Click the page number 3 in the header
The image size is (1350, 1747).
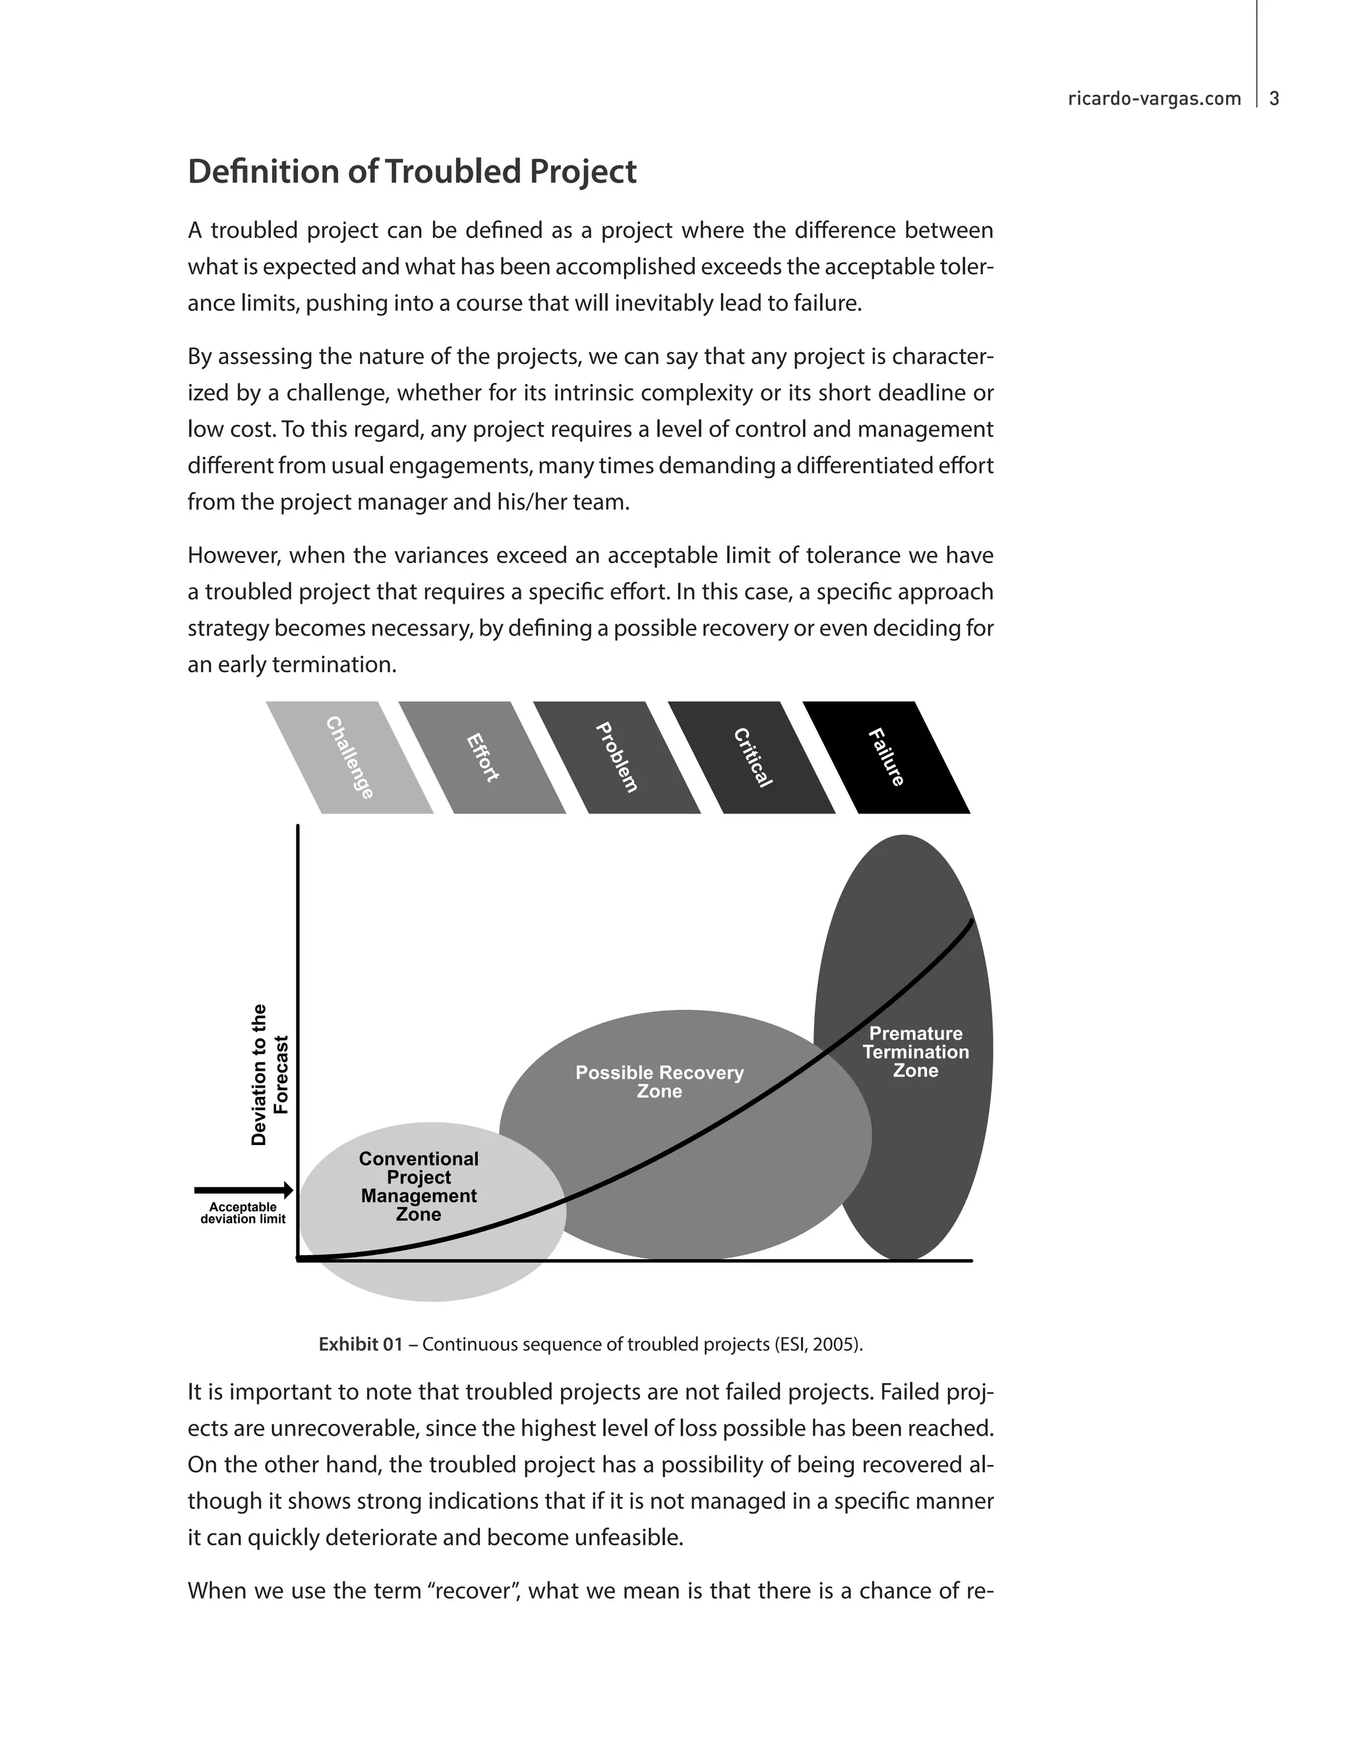[1274, 98]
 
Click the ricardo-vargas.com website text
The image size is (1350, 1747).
[1154, 98]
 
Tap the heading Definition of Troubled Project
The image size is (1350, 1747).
[412, 172]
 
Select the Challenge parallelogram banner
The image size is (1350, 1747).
[349, 757]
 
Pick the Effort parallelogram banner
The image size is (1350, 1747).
[483, 757]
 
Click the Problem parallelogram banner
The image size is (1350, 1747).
[616, 757]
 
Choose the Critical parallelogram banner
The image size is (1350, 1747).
[751, 757]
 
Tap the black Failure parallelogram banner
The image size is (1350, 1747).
[886, 757]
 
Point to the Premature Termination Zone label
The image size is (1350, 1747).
[916, 1052]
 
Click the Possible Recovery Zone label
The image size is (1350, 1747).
[660, 1081]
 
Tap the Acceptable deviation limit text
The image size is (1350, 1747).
[243, 1212]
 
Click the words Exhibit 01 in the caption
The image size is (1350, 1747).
[361, 1345]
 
